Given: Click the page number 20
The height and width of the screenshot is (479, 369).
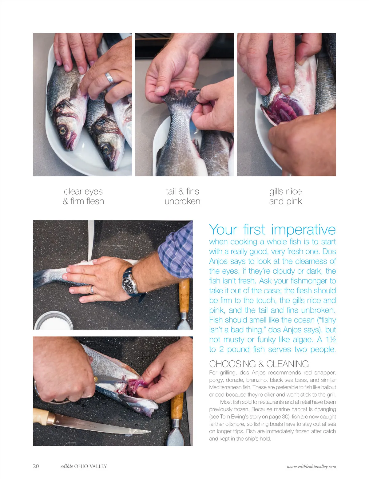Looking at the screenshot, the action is pyautogui.click(x=36, y=466).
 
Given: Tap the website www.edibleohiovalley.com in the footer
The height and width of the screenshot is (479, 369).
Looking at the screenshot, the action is pyautogui.click(x=311, y=466).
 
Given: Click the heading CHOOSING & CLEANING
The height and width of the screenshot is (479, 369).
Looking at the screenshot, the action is pyautogui.click(x=259, y=364).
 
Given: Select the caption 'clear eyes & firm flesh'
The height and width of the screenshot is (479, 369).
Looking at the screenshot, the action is pyautogui.click(x=83, y=196).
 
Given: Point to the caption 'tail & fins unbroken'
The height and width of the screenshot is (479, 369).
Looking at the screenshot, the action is pyautogui.click(x=183, y=196).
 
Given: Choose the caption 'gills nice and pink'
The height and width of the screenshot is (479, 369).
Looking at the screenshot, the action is pyautogui.click(x=285, y=196).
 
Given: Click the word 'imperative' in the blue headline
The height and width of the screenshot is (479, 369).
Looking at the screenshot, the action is pyautogui.click(x=303, y=230).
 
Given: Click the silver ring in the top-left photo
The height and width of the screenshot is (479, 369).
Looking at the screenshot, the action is pyautogui.click(x=109, y=78).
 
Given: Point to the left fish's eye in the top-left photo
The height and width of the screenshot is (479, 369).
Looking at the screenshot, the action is pyautogui.click(x=63, y=130).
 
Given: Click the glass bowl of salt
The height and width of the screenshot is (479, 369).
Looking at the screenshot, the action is pyautogui.click(x=54, y=320).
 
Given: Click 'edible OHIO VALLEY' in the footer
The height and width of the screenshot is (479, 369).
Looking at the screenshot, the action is pyautogui.click(x=84, y=466).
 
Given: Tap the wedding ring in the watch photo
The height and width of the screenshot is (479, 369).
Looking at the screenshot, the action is pyautogui.click(x=92, y=289).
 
